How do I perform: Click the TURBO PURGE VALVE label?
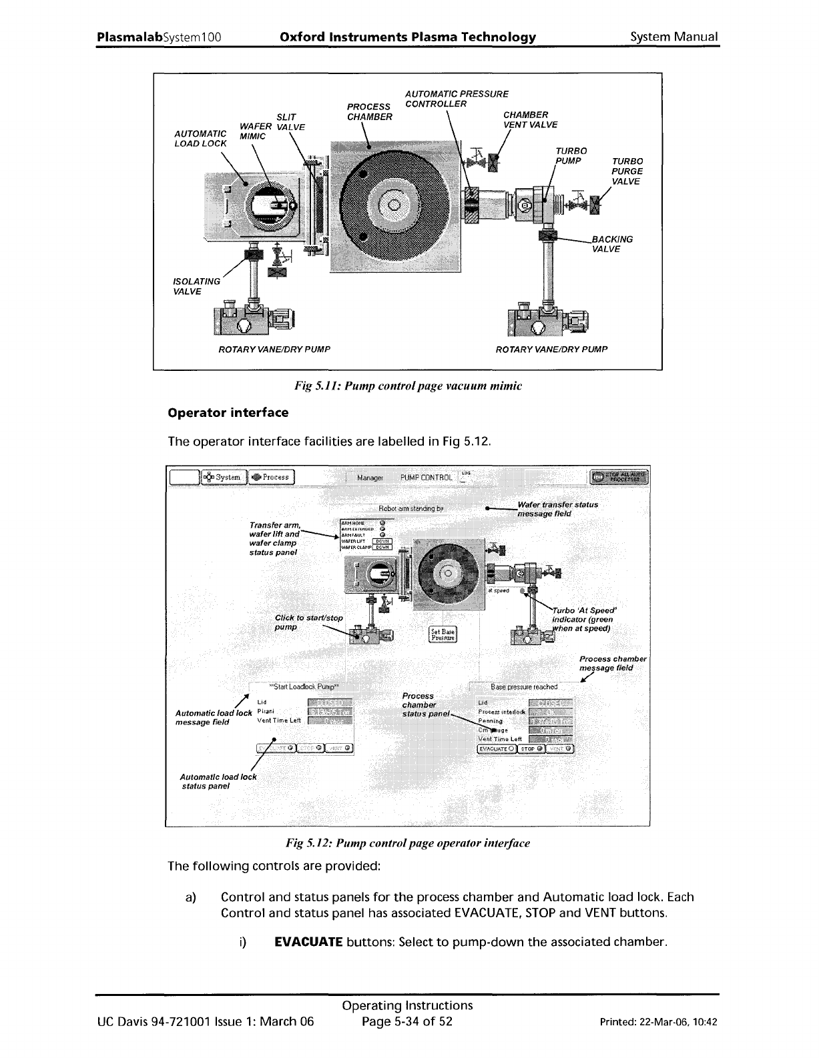(x=627, y=171)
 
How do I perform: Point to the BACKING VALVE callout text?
(x=612, y=244)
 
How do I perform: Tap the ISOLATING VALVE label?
(x=196, y=286)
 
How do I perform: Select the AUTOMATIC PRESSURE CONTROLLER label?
(x=456, y=99)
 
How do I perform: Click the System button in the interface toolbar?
(x=223, y=477)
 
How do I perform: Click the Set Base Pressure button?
(x=443, y=634)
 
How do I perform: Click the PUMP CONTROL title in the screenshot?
(x=426, y=478)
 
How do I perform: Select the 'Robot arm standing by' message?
(x=411, y=508)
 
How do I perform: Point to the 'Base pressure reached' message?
(x=523, y=686)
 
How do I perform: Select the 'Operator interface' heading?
(x=228, y=413)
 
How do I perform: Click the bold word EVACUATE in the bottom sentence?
(x=309, y=943)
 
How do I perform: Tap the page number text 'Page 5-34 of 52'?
(x=407, y=1022)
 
